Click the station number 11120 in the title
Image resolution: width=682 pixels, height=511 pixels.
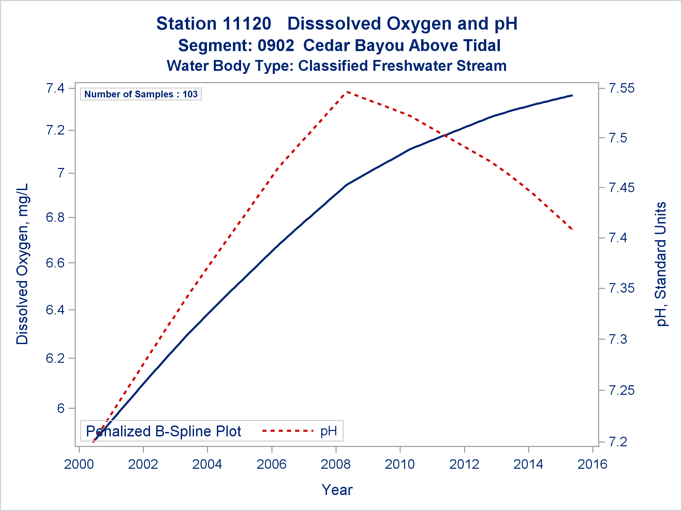[247, 24]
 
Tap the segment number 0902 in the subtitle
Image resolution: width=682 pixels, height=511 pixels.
[276, 46]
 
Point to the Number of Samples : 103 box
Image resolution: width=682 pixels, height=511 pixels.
[141, 94]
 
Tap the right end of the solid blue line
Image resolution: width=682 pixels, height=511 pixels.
[572, 96]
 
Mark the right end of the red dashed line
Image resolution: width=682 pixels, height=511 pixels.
[573, 230]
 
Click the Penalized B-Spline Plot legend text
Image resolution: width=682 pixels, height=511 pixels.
[163, 431]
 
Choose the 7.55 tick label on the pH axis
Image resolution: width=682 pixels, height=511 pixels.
[622, 88]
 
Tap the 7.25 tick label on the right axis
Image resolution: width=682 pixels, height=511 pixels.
[622, 390]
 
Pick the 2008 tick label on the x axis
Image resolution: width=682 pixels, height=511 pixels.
[336, 464]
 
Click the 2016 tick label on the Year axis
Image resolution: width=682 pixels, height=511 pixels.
[592, 464]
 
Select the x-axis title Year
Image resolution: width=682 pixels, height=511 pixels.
[337, 490]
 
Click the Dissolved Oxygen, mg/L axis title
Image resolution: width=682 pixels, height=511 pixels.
[23, 264]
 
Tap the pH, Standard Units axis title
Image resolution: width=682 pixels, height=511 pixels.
[661, 264]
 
